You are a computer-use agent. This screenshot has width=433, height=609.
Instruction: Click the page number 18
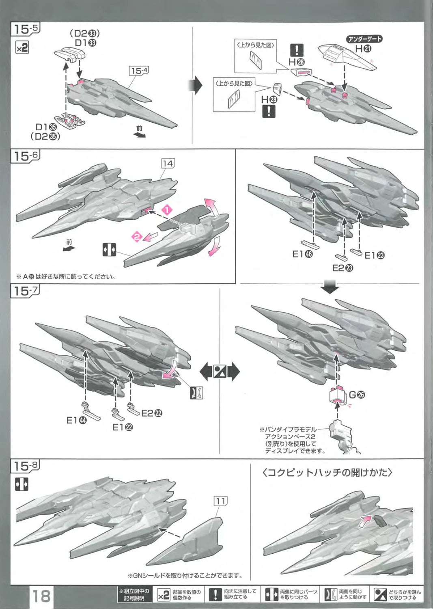pyautogui.click(x=41, y=596)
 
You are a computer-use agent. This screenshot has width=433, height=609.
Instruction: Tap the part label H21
pyautogui.click(x=363, y=49)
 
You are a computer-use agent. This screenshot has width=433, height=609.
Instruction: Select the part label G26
pyautogui.click(x=357, y=394)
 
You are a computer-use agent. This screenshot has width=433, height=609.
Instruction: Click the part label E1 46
pyautogui.click(x=302, y=254)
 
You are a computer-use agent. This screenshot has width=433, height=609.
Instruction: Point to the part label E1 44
pyautogui.click(x=76, y=420)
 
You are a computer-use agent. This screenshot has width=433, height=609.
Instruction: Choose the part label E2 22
pyautogui.click(x=152, y=413)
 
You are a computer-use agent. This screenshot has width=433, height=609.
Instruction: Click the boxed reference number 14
pyautogui.click(x=168, y=163)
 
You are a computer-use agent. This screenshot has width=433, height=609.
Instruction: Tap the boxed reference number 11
pyautogui.click(x=220, y=501)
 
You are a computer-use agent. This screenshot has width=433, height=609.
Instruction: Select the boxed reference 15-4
pyautogui.click(x=139, y=71)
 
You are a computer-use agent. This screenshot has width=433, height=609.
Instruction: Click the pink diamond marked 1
pyautogui.click(x=167, y=210)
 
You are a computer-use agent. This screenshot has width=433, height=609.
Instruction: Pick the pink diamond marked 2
pyautogui.click(x=137, y=236)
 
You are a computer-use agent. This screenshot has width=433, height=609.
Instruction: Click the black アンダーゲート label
pyautogui.click(x=364, y=39)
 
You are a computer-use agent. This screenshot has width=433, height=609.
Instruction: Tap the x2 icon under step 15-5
pyautogui.click(x=22, y=48)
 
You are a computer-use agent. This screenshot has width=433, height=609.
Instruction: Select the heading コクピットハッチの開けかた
pyautogui.click(x=327, y=473)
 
